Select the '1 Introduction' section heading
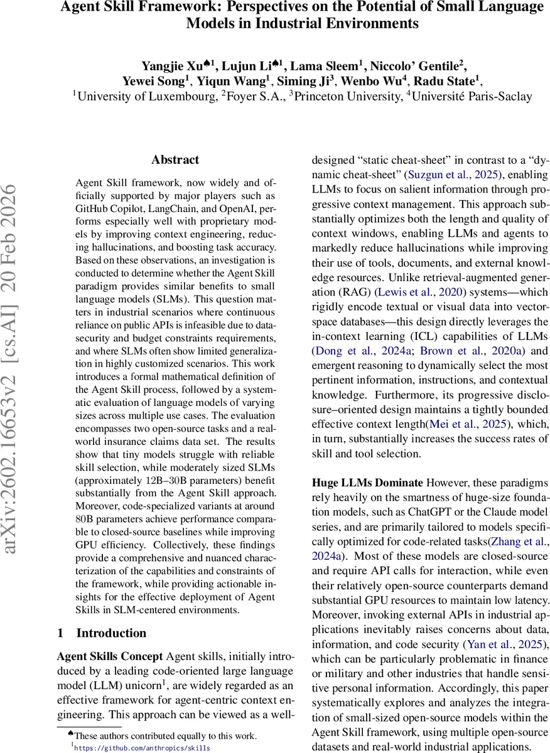coord(102,633)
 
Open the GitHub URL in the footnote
coord(143,748)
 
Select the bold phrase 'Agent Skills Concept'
coord(110,656)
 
